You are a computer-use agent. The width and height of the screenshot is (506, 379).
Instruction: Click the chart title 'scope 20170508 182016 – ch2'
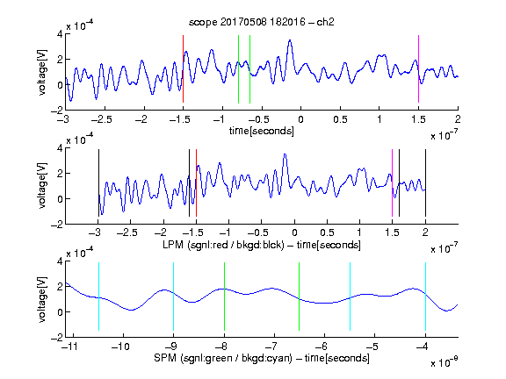point(262,22)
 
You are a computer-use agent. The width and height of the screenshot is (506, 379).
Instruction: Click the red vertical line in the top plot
point(183,69)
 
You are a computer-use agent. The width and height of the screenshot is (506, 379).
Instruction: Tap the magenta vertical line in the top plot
point(418,69)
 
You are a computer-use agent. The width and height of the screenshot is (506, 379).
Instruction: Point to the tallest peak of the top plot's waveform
point(290,40)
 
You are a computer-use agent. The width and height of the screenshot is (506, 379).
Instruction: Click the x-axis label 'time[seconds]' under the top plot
point(262,131)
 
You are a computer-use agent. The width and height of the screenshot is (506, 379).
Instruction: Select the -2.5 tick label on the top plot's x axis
point(101,119)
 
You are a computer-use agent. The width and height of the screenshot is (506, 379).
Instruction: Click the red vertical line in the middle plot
point(196,183)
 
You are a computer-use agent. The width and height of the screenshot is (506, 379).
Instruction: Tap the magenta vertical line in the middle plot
point(392,183)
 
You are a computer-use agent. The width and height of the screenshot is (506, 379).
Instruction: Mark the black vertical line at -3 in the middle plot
point(98,183)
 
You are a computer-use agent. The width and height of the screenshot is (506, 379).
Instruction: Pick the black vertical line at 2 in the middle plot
point(425,183)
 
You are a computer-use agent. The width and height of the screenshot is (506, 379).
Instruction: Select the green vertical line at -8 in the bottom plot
point(224,297)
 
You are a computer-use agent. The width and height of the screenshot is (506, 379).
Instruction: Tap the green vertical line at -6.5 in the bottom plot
point(300,297)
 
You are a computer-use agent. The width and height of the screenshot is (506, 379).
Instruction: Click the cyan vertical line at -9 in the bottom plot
point(174,297)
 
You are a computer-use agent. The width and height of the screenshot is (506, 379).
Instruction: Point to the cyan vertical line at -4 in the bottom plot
point(425,297)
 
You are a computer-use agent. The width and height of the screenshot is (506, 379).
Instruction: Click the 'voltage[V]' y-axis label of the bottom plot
point(42,299)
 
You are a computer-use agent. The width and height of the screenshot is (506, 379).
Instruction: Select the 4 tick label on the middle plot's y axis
point(60,148)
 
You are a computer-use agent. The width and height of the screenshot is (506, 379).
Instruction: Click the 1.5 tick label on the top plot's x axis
point(418,119)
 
